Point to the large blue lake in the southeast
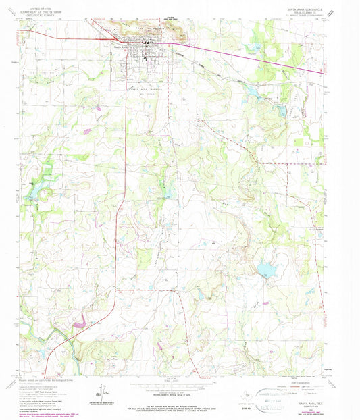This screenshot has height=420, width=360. click(x=265, y=271)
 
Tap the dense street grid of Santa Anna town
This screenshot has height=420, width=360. click(x=142, y=51)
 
